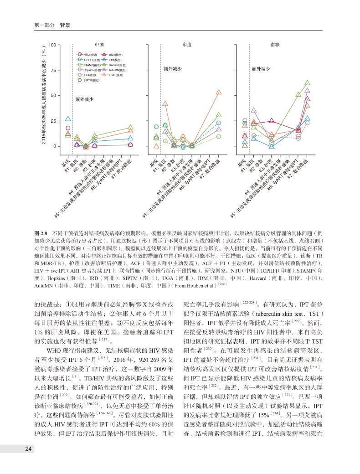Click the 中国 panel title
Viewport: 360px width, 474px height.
98,46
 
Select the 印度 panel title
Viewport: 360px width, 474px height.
186,46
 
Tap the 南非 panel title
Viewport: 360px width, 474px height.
275,46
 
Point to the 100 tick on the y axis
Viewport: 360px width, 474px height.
52,45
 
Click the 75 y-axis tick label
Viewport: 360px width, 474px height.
53,70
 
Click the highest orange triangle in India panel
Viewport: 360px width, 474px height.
219,93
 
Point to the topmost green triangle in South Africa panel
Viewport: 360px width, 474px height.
307,83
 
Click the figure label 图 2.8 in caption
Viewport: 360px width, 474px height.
41,232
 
